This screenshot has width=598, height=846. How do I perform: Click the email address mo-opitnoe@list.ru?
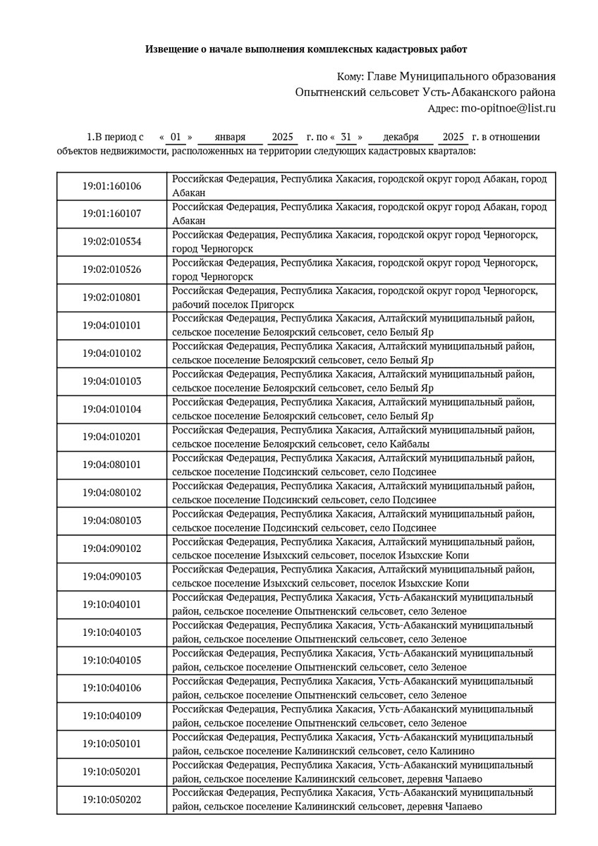[508, 109]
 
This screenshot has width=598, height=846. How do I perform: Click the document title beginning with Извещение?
[306, 49]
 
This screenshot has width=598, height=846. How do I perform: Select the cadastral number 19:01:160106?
[111, 187]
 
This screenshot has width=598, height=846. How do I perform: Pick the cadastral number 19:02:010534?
[111, 242]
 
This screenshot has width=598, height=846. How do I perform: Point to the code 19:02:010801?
[111, 298]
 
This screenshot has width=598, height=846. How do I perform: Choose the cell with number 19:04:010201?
[111, 437]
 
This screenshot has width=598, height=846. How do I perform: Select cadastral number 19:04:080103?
[111, 521]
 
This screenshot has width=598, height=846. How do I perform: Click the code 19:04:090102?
[111, 548]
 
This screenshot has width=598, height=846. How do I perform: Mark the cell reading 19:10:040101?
[111, 604]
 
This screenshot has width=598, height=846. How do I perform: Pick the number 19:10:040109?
[111, 716]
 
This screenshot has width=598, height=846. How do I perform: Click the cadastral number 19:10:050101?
[111, 744]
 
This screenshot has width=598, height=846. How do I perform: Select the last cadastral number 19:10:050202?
[111, 799]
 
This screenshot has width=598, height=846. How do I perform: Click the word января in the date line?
[230, 137]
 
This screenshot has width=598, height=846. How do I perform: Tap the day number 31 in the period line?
[346, 137]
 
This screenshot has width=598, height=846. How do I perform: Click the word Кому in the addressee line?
[350, 76]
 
